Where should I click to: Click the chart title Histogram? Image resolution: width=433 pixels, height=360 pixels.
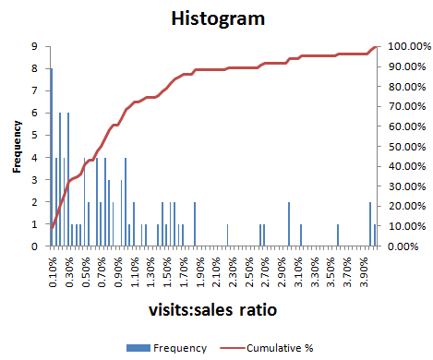[216, 18]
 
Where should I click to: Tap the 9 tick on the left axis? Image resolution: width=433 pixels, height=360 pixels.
[34, 46]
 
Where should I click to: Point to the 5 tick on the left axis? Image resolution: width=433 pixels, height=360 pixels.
[34, 136]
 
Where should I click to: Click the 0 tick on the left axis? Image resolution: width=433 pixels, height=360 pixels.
[34, 246]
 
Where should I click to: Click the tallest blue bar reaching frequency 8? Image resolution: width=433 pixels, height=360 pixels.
[51, 157]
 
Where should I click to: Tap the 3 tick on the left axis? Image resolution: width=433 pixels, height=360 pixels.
[34, 180]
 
